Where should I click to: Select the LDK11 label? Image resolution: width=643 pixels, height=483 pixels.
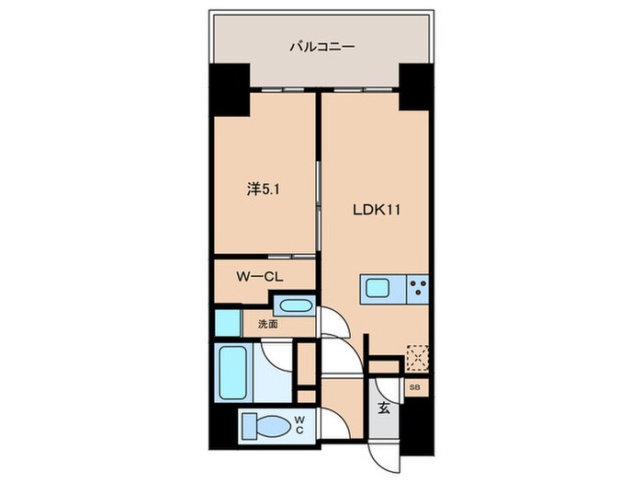[377, 209]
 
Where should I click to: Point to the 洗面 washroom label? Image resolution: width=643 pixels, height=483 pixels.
[267, 324]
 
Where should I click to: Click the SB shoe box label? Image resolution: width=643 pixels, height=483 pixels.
[414, 387]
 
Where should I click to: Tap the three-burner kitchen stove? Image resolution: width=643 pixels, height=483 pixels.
[417, 288]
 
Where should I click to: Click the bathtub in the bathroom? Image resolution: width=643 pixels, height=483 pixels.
[233, 372]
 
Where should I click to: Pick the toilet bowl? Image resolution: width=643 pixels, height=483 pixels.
[273, 426]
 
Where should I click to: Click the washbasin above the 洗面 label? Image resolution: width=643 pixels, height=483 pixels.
[294, 306]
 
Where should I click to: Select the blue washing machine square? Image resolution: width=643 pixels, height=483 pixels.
[226, 323]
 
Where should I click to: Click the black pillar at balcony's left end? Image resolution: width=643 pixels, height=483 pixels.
[230, 87]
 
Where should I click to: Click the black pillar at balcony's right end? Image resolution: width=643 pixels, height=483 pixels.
[414, 87]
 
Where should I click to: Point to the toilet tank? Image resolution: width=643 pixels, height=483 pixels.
[247, 426]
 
